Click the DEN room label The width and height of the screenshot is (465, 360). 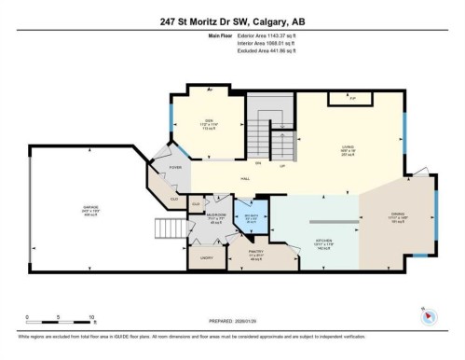click(210, 122)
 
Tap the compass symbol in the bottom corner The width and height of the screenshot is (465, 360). click(428, 314)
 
